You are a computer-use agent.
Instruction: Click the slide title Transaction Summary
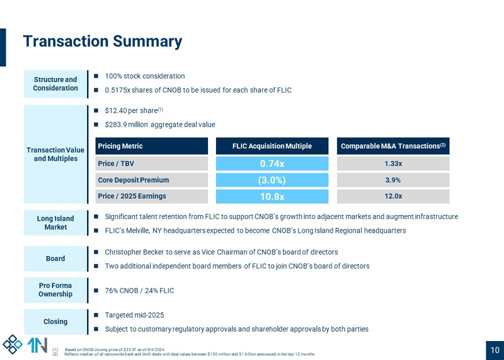click(x=102, y=42)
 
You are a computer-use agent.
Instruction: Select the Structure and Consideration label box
click(x=55, y=84)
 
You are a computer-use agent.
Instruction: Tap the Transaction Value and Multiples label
click(x=55, y=154)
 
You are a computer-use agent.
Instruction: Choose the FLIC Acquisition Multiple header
click(x=272, y=146)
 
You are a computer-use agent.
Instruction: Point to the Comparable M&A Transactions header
click(x=393, y=146)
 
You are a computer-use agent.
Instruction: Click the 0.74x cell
click(x=272, y=164)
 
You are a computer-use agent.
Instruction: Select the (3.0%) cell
click(x=272, y=180)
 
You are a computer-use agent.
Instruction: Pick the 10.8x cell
click(x=272, y=197)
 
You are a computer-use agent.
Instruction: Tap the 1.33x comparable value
click(x=393, y=164)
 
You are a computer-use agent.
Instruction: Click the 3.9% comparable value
click(x=393, y=180)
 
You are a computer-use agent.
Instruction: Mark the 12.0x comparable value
click(x=393, y=197)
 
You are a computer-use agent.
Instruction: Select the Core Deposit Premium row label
click(x=133, y=180)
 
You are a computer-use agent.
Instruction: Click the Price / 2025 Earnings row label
click(x=132, y=197)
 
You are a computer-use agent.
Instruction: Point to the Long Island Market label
click(x=55, y=223)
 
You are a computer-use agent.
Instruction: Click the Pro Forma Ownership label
click(x=55, y=290)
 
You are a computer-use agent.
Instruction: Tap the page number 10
click(x=495, y=351)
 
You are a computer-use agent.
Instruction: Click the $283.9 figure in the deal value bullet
click(x=116, y=125)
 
